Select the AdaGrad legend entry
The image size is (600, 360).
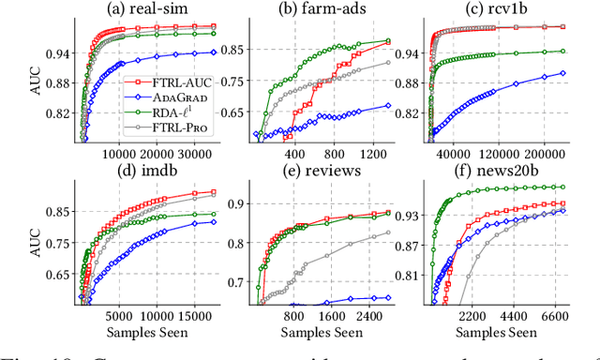(x=168, y=98)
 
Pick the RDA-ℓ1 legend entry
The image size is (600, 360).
(x=166, y=113)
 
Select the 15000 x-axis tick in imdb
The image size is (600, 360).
(x=194, y=317)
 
